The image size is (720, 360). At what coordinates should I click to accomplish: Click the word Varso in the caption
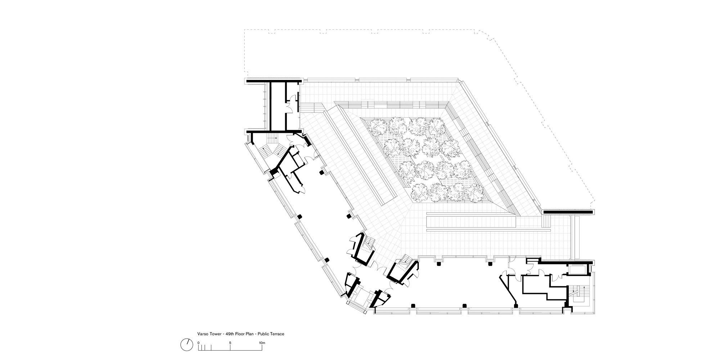(x=202, y=334)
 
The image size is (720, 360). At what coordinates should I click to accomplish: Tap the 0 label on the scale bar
(x=198, y=343)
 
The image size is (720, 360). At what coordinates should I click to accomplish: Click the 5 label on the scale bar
(x=230, y=343)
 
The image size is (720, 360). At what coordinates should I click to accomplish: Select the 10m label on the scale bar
(x=262, y=343)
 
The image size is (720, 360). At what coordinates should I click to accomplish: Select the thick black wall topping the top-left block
(x=273, y=80)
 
